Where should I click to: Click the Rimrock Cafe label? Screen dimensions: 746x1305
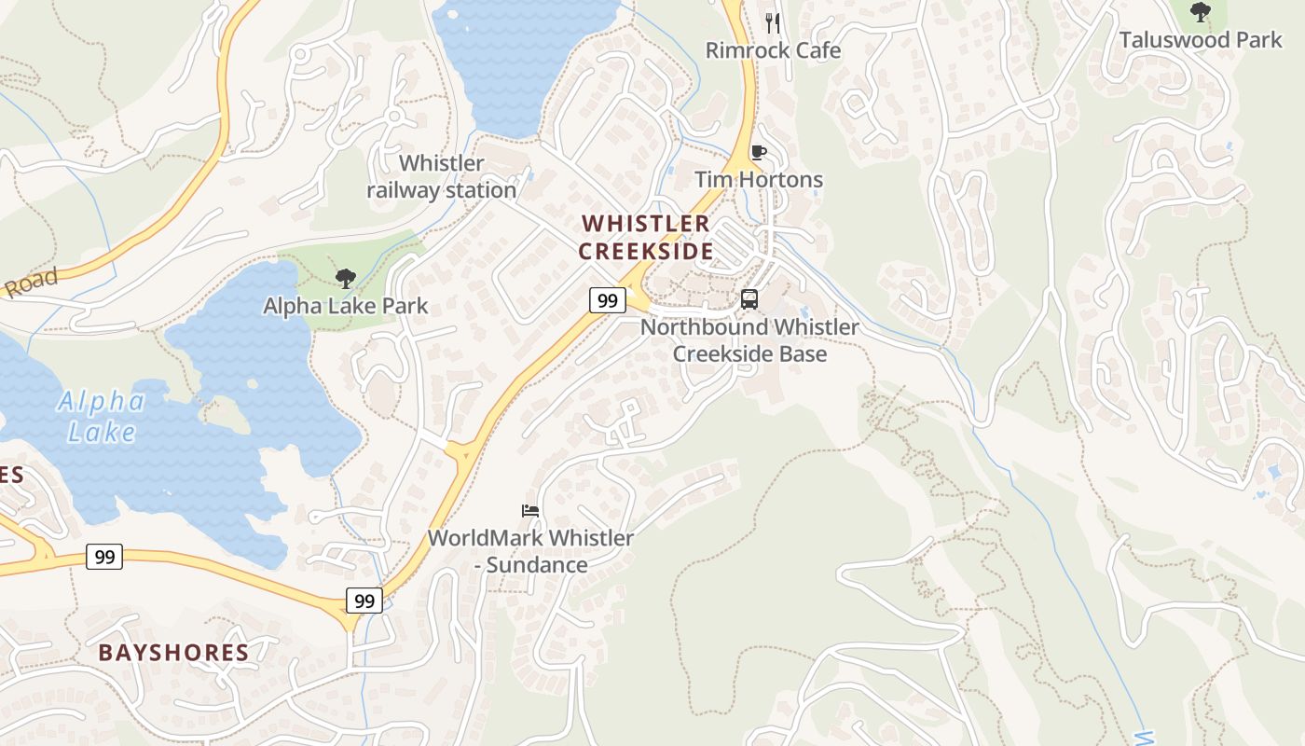click(x=773, y=50)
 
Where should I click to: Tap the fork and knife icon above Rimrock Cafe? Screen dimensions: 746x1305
click(x=772, y=21)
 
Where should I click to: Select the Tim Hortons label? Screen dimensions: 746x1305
click(x=759, y=179)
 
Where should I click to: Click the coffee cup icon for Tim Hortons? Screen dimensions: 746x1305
click(x=758, y=152)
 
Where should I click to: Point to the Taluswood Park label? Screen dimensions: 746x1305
click(x=1201, y=40)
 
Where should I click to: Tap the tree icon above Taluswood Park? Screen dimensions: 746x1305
click(x=1201, y=12)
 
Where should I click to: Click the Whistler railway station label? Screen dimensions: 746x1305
click(x=441, y=176)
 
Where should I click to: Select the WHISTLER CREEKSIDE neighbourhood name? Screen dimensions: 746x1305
click(x=646, y=237)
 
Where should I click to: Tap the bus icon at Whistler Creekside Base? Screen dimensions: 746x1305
click(x=749, y=299)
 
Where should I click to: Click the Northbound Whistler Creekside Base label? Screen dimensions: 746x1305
click(x=749, y=340)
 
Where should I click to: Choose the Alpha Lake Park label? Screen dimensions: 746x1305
click(x=345, y=306)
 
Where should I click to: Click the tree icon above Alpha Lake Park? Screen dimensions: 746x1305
click(x=345, y=278)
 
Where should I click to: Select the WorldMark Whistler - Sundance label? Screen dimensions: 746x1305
click(x=530, y=551)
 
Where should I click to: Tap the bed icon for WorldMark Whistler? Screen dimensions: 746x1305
click(x=530, y=510)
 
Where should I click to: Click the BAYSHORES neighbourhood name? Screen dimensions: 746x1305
click(x=173, y=652)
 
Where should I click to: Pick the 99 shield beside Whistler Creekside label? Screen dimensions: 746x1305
click(x=607, y=300)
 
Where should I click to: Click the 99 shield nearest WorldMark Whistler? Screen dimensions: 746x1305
click(x=364, y=601)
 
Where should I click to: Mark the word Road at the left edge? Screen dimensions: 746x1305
click(x=30, y=283)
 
